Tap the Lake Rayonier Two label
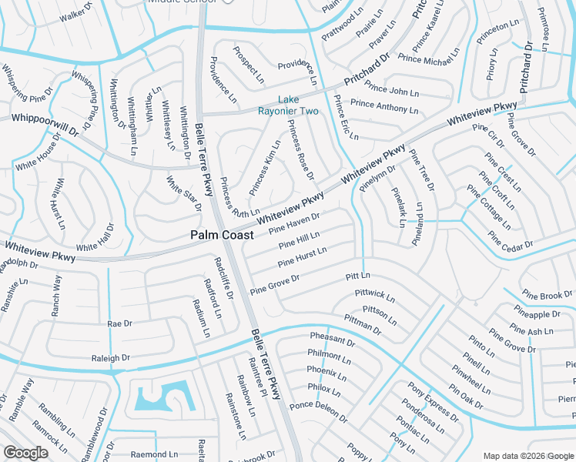coord(298,105)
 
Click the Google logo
coord(26,453)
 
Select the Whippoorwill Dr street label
coord(45,124)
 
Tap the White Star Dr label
coord(184,193)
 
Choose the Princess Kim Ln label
coord(265,167)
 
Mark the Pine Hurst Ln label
coord(303,256)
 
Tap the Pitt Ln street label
coord(358,275)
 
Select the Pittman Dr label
coord(363,324)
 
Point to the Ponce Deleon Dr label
coord(318,410)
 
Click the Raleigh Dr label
coord(111,358)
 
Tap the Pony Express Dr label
coord(434,402)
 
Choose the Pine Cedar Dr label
coord(511,247)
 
